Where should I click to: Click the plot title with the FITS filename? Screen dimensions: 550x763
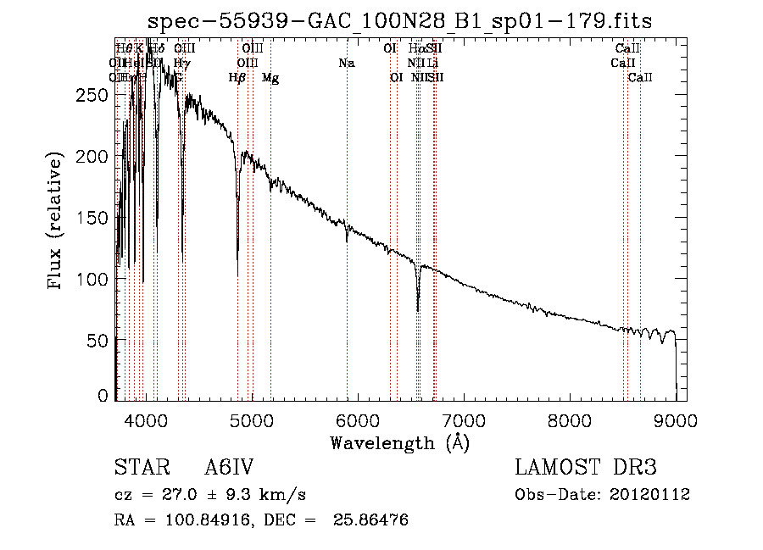coord(399,20)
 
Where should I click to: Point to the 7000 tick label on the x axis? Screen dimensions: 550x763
coord(463,419)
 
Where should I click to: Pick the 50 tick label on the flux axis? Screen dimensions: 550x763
coord(100,340)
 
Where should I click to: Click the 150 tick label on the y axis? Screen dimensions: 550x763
coord(96,218)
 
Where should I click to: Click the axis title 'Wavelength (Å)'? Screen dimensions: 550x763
coord(399,442)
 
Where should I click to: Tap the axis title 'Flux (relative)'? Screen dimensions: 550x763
coord(57,222)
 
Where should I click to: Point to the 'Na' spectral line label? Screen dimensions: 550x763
coord(346,63)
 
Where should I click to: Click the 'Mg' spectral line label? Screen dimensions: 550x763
coord(270,78)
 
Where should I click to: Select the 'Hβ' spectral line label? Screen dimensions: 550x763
coord(237,78)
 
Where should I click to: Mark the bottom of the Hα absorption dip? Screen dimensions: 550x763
coord(418,309)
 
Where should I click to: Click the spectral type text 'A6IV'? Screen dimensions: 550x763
coord(229,468)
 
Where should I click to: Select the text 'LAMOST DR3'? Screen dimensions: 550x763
coord(586,468)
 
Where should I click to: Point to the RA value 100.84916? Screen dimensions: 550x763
coord(206,519)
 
